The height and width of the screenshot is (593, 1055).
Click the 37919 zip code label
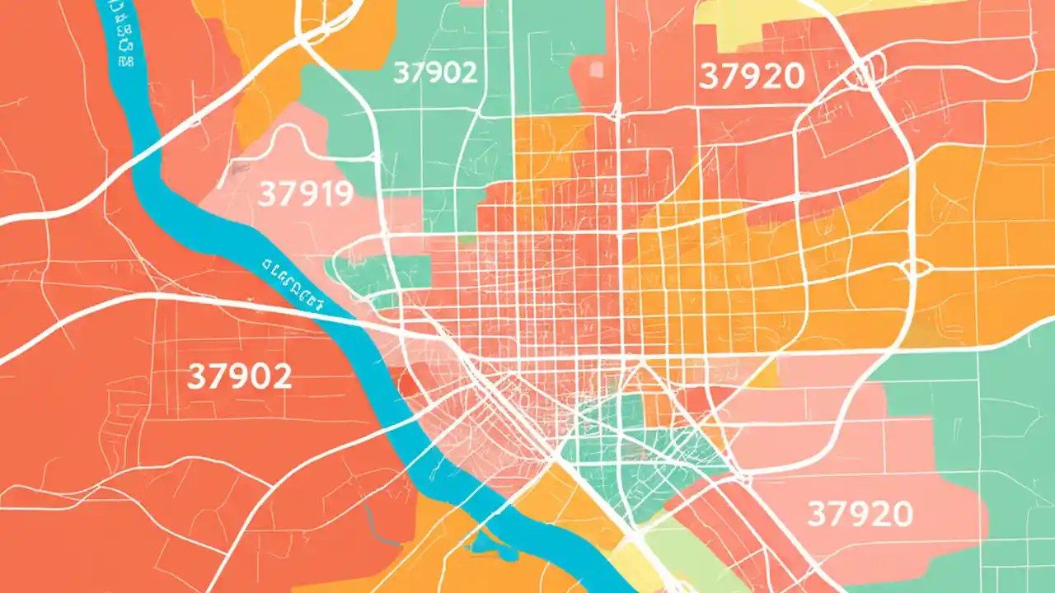pyautogui.click(x=306, y=194)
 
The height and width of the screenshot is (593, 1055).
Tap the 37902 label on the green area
pyautogui.click(x=434, y=72)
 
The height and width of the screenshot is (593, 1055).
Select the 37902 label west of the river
pyautogui.click(x=239, y=376)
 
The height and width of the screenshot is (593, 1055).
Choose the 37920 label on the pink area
pyautogui.click(x=860, y=515)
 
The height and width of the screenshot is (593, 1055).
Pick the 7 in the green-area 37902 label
pyautogui.click(x=416, y=72)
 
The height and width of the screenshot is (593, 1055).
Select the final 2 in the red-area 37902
pyautogui.click(x=280, y=376)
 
